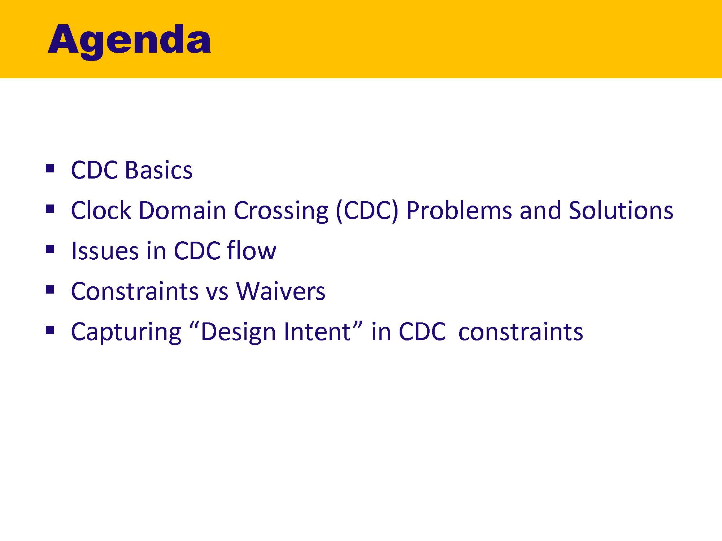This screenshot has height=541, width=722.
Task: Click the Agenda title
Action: coord(129,40)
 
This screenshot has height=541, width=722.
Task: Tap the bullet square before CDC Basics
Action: coord(50,168)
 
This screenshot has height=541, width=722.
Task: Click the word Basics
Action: coord(159,170)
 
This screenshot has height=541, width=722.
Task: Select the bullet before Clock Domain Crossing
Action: coord(50,209)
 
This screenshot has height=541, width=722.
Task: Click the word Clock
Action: coord(100,210)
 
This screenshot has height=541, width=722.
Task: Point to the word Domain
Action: coord(182,210)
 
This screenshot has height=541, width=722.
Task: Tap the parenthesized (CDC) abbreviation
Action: coord(366,210)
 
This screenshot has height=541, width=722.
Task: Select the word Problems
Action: coord(458,210)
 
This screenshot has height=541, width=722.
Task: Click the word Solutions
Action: coord(621,210)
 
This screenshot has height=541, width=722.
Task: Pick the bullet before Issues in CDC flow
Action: coord(50,249)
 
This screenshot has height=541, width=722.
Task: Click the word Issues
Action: coord(105,251)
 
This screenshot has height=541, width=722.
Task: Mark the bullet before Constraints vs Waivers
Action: coord(50,289)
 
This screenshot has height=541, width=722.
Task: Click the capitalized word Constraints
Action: coord(135,291)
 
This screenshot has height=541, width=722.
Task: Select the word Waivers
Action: coord(280,291)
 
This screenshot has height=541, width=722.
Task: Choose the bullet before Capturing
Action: coord(50,330)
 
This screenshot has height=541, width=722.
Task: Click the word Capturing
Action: coord(126,332)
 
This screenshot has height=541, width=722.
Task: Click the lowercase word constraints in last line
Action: coord(520,332)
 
